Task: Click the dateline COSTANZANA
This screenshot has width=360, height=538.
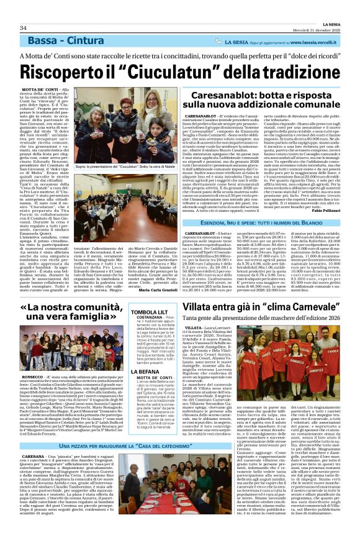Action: coord(156,317)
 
